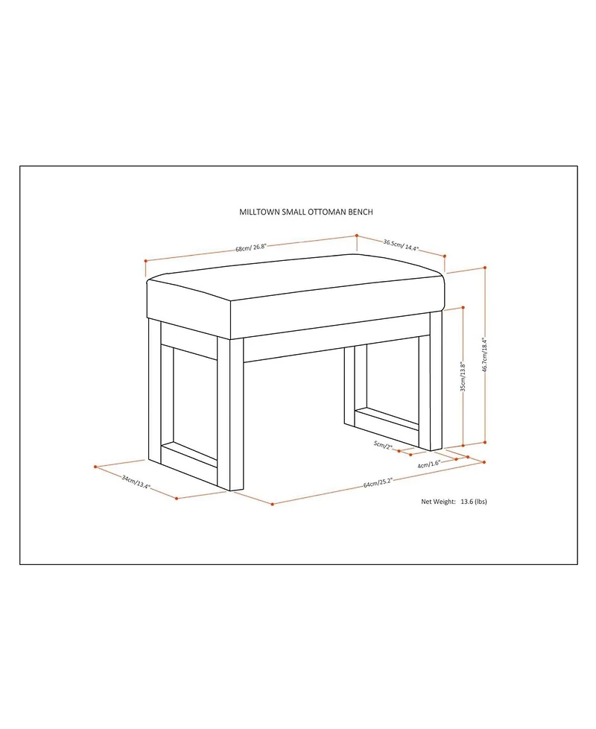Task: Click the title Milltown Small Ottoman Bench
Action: pos(305,212)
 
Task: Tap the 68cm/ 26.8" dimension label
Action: pos(250,247)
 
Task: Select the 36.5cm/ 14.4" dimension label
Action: pos(401,245)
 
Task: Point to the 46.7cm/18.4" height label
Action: pos(484,355)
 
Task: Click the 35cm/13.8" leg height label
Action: pos(463,376)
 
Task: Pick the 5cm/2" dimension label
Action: pos(383,446)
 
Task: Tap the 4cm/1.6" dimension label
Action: pos(429,464)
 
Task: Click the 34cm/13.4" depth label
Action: pos(136,482)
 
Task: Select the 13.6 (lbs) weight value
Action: pos(474,502)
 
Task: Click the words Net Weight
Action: pos(438,502)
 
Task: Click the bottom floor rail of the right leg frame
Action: pos(387,418)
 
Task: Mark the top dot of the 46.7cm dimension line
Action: pos(485,268)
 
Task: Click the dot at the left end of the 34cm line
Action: pos(95,467)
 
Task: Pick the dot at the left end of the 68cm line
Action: pos(146,260)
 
